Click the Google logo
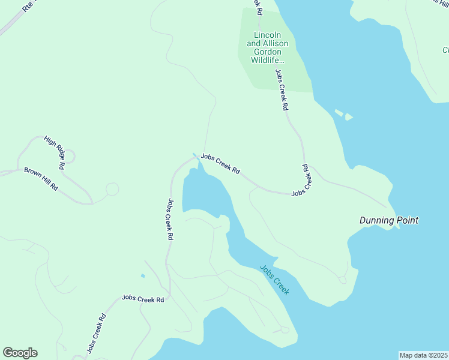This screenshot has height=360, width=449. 20,353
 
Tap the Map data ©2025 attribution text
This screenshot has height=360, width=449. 423,355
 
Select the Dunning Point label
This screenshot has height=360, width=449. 388,220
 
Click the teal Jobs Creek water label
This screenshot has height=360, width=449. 275,280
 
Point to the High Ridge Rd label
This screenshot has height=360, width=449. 55,152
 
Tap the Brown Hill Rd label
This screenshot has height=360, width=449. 41,179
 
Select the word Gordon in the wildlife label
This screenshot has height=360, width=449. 268,52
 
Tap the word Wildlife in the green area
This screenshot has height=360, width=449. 268,61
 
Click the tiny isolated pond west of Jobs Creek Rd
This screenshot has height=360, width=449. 142,276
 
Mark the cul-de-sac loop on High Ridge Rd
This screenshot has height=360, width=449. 69,157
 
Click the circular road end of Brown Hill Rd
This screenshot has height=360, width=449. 112,190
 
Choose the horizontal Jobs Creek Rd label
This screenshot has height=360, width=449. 143,298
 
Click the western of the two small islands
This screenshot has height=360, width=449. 339,112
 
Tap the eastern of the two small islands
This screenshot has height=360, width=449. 349,117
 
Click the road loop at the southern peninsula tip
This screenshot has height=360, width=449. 285,329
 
